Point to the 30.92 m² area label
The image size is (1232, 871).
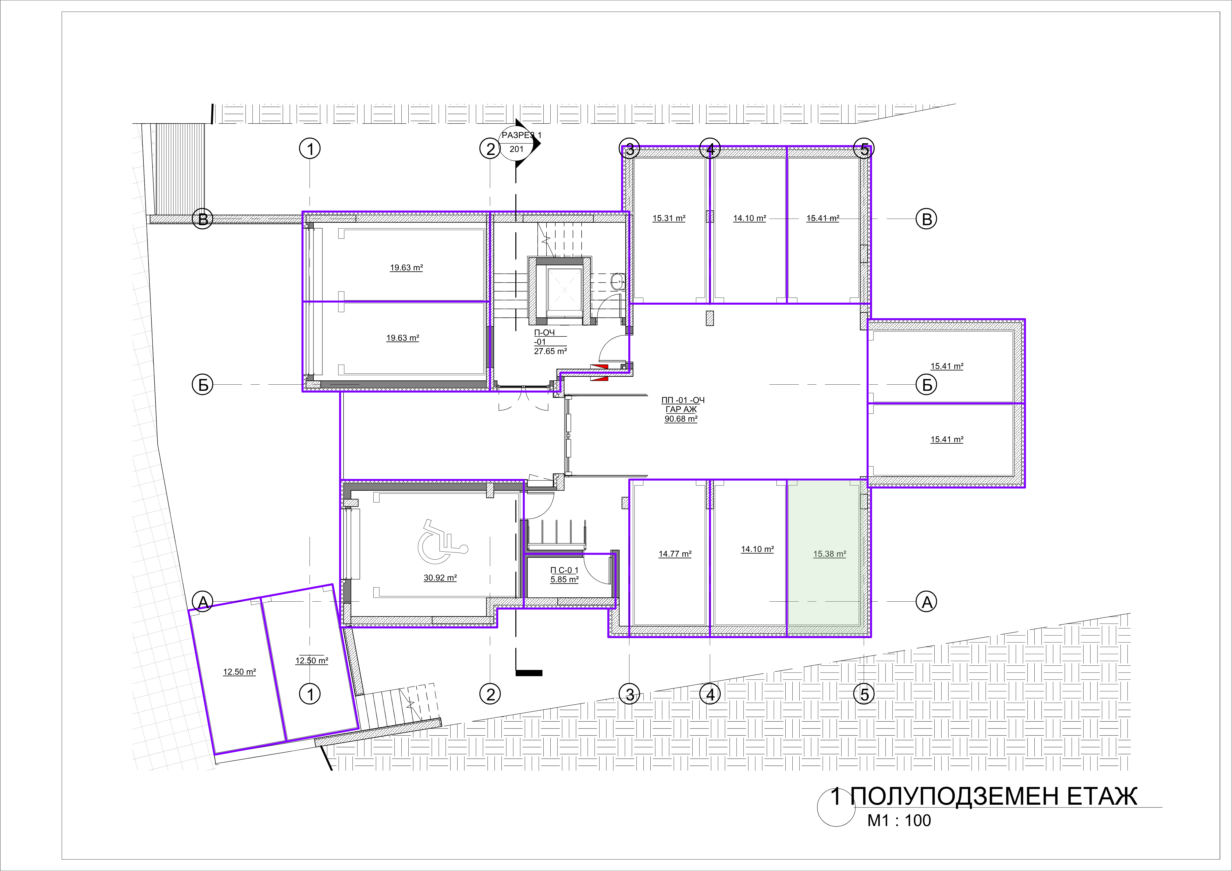tap(440, 578)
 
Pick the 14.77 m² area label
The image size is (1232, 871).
tap(675, 554)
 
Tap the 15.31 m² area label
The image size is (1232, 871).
tap(669, 218)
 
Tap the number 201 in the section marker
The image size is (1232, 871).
tap(516, 149)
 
